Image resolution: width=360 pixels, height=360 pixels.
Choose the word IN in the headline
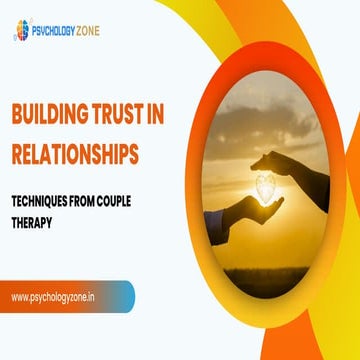point(179,117)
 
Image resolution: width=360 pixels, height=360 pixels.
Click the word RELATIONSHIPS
point(88,152)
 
